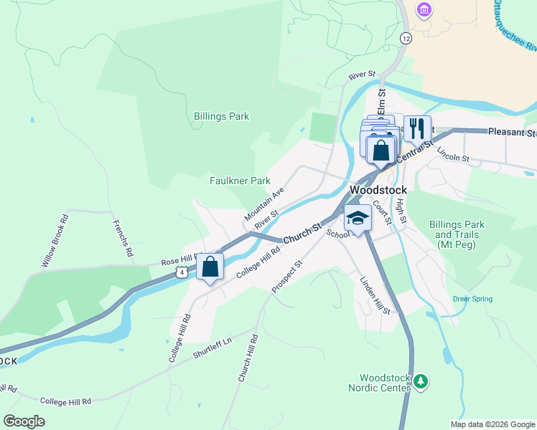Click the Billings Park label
coord(221,116)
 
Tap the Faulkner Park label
coord(240,181)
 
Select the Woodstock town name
coord(378,190)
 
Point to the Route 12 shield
coord(406,37)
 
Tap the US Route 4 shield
coord(184,272)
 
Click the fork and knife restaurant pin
coord(416,129)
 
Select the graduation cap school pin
coord(357,217)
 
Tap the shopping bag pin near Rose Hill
coord(210,267)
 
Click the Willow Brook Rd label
coord(55,241)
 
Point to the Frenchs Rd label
coord(122,239)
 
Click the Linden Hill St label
coord(374,295)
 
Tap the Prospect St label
coord(287,277)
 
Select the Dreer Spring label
coord(472,299)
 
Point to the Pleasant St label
coord(512,133)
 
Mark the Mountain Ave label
coord(264,205)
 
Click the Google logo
coord(24,421)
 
